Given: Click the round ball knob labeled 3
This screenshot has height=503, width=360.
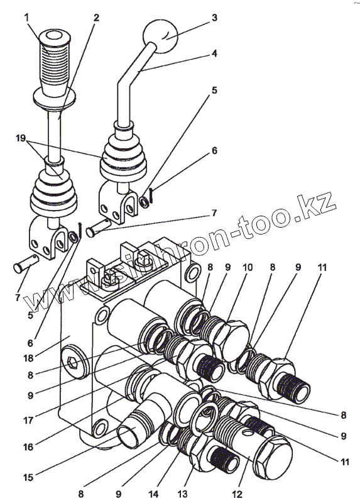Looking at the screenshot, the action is (x=160, y=36).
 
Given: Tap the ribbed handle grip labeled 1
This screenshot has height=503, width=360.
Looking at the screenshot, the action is (x=54, y=64).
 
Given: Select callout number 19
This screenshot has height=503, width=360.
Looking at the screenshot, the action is (x=21, y=138).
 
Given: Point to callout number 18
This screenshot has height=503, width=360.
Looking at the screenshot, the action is (x=29, y=358).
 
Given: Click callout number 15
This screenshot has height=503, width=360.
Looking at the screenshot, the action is (x=28, y=477).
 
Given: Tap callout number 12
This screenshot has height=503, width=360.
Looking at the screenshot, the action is (x=238, y=494).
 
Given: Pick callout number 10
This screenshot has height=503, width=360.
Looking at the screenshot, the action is (x=248, y=267).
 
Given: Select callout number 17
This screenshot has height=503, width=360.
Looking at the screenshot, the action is (x=28, y=420).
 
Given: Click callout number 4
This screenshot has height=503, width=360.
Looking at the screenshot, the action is (x=214, y=53).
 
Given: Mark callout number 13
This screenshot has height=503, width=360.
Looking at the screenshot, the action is (x=183, y=494).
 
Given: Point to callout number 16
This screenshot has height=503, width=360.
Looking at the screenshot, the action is (x=28, y=446).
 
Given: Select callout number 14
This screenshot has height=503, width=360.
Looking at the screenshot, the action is (x=153, y=494).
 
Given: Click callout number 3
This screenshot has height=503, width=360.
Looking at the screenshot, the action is (x=214, y=18).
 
